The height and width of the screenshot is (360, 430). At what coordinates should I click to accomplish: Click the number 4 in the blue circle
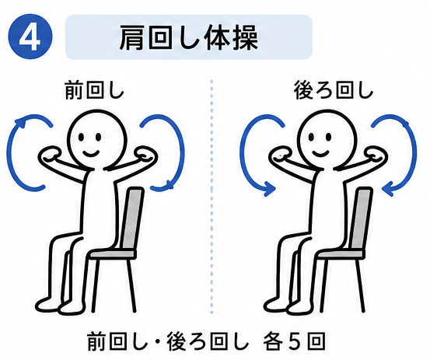pos(30,37)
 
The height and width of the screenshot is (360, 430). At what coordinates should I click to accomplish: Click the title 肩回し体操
pos(189,38)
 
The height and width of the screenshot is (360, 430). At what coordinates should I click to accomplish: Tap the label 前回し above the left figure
pos(94,90)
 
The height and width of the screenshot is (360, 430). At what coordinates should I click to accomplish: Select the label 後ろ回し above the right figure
pos(334,90)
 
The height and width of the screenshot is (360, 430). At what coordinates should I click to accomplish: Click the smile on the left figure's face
pos(91,152)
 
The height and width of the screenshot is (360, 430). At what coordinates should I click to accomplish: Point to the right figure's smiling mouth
pos(321,152)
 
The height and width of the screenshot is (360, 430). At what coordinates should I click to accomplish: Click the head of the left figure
pos(97,139)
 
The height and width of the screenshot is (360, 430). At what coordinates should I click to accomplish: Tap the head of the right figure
pos(328,139)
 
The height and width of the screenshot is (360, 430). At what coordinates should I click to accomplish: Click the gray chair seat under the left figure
pos(113,253)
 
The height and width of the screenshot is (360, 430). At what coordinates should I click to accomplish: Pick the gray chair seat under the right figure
pos(341,253)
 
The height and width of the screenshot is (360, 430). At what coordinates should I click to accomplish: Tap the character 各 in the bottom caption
pos(273,341)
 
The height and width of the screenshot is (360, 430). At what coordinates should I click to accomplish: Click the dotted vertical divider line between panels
pos(212,196)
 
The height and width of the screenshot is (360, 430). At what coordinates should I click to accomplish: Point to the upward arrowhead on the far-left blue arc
pos(21,122)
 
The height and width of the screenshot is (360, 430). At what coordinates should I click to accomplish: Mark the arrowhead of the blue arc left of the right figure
pos(269,189)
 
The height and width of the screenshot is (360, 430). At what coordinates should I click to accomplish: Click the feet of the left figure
pos(61,305)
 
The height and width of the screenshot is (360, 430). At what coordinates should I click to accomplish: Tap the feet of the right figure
pos(289,305)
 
